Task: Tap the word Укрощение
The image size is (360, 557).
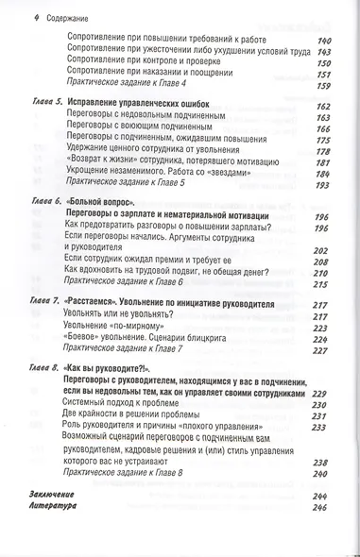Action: pyautogui.click(x=95, y=173)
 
